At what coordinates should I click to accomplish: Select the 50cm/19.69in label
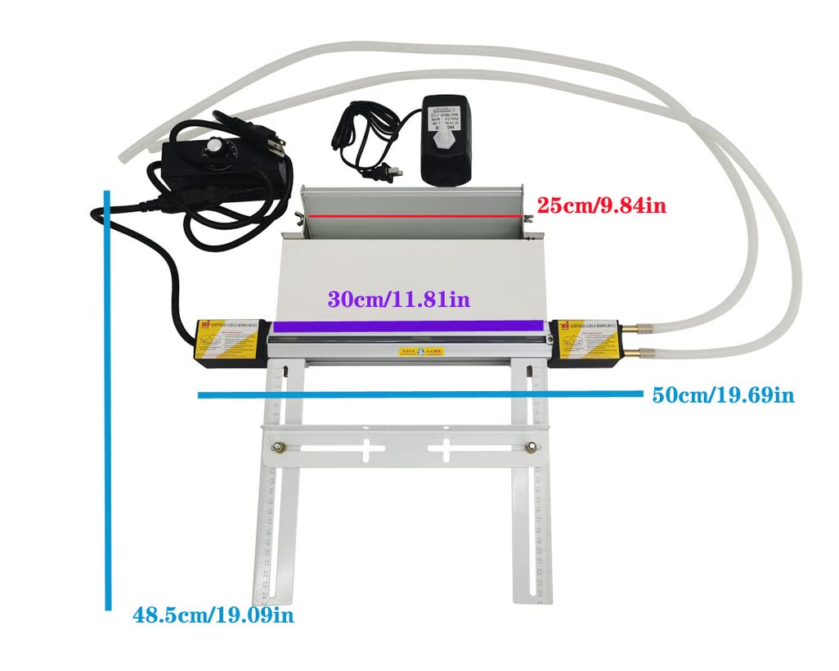pyautogui.click(x=723, y=396)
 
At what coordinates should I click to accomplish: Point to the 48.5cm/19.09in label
pyautogui.click(x=213, y=615)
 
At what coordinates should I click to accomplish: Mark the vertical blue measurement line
pyautogui.click(x=107, y=401)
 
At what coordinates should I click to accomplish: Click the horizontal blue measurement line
pyautogui.click(x=422, y=395)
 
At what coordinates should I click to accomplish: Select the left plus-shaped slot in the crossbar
pyautogui.click(x=368, y=448)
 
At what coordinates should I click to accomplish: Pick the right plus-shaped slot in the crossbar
pyautogui.click(x=445, y=448)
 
